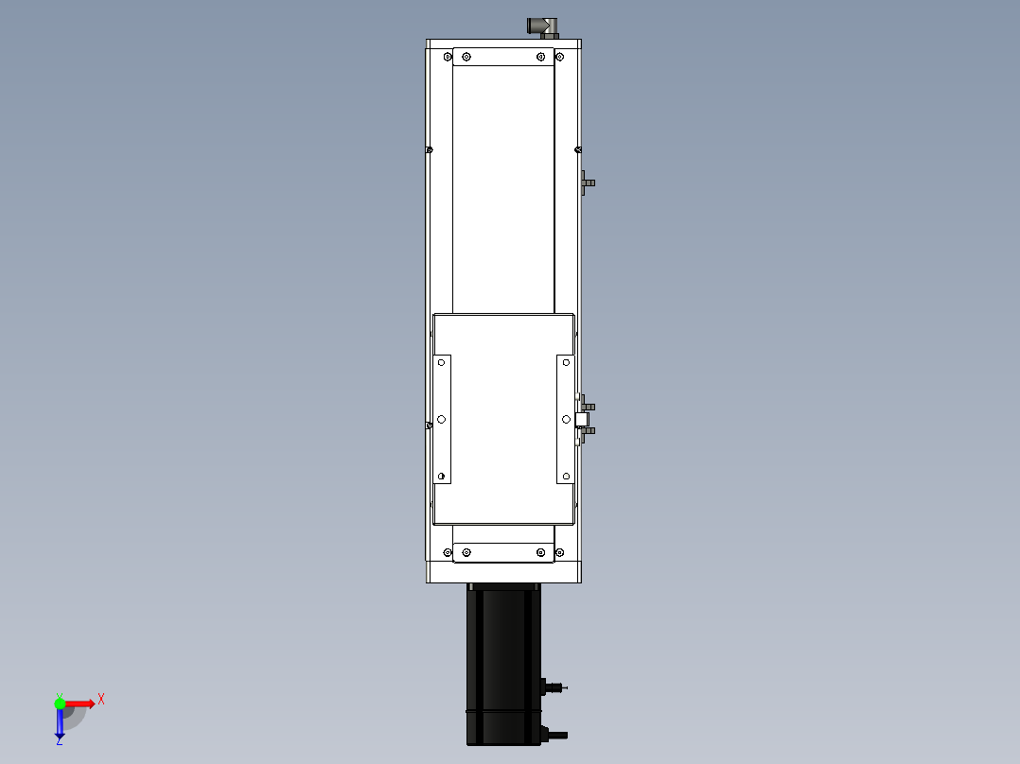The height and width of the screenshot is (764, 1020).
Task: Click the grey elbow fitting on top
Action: pos(542,26)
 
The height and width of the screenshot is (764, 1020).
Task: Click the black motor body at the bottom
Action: pos(502,662)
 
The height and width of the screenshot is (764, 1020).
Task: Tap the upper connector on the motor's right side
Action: pos(554,686)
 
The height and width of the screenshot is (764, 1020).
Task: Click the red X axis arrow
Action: pos(79,703)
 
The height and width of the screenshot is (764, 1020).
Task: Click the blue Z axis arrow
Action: pos(60,724)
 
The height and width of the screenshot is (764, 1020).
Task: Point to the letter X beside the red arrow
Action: pos(100,699)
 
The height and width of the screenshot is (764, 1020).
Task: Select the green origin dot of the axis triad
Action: pos(60,703)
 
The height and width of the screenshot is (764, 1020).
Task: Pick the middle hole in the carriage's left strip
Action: pos(442,418)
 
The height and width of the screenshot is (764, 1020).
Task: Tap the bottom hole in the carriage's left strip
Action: pos(442,476)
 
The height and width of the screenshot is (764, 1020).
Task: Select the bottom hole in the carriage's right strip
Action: pos(566,476)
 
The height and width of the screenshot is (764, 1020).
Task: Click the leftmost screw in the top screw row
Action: pos(448,57)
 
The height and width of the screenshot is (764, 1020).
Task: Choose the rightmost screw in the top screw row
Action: pos(558,57)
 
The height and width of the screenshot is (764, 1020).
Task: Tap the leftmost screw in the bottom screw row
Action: pos(448,552)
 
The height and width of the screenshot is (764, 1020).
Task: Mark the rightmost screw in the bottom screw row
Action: pos(558,552)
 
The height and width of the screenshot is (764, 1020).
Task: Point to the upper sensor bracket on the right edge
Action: pos(587,182)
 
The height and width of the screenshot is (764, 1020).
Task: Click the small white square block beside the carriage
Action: pos(582,418)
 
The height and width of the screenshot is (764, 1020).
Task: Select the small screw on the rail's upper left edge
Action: pos(430,149)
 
